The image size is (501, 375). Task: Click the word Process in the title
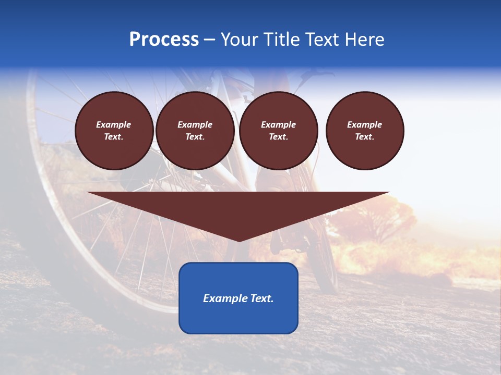(x=164, y=40)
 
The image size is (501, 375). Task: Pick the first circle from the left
(x=114, y=131)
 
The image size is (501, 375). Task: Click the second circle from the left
(x=195, y=131)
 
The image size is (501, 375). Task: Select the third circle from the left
(x=278, y=131)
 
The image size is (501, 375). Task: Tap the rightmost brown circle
(x=365, y=131)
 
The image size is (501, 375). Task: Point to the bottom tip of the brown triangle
(x=238, y=241)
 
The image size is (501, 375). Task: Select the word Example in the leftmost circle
(x=114, y=124)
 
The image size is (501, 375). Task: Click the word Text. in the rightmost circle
(x=365, y=137)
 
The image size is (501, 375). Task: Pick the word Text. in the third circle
(x=278, y=137)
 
